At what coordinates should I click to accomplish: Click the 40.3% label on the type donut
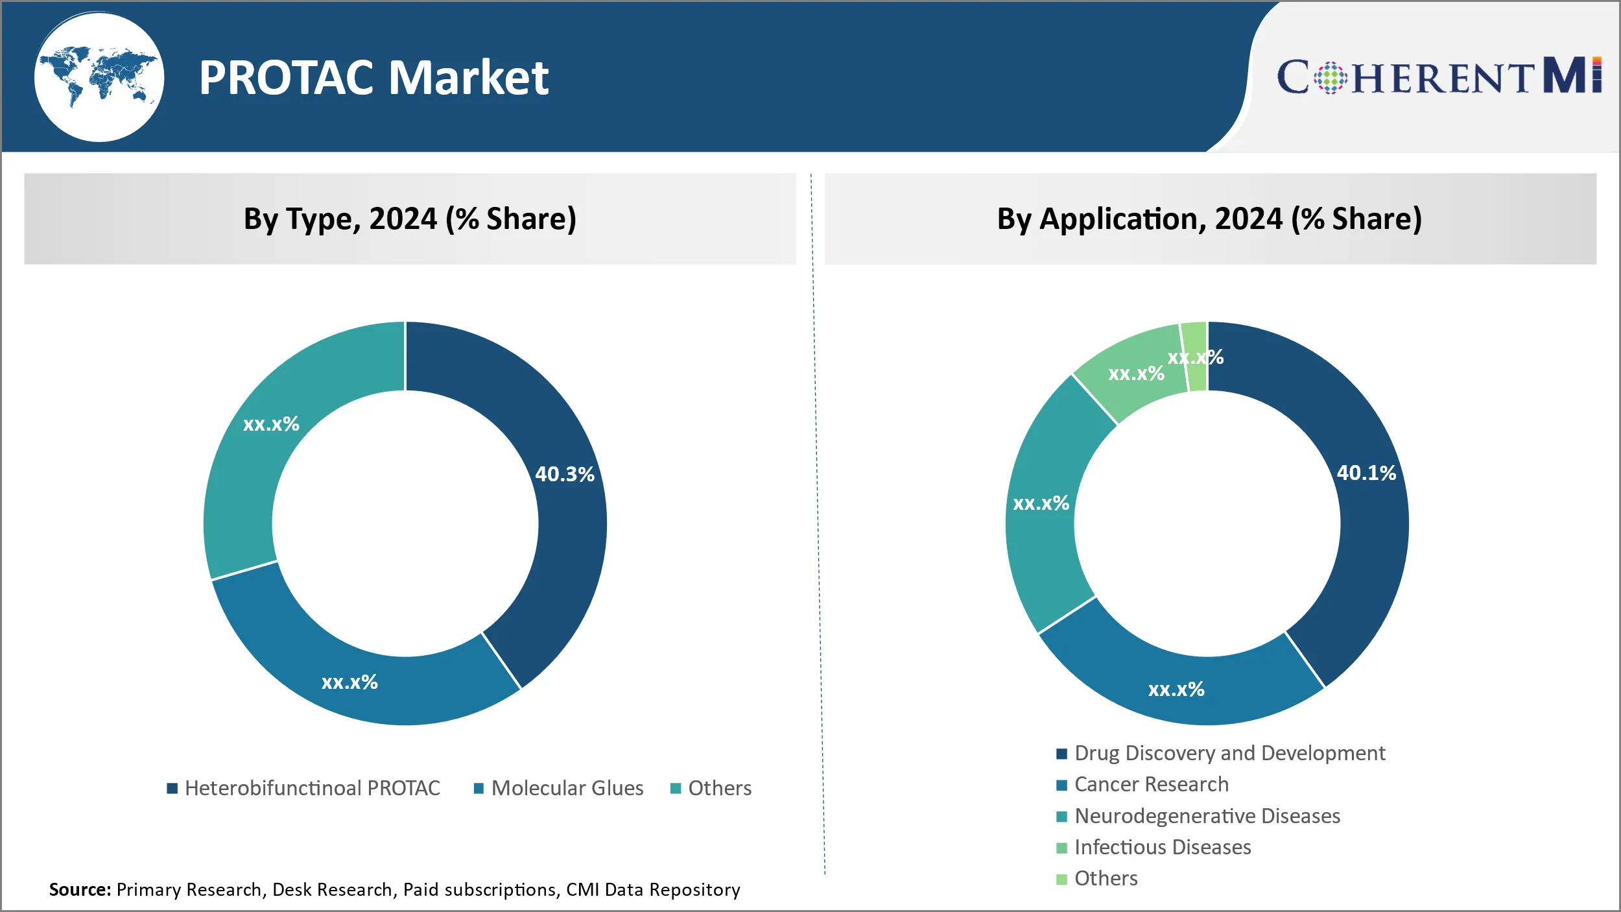[x=564, y=474]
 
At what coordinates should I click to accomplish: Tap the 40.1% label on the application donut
[x=1366, y=473]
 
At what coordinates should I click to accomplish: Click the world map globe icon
[x=99, y=77]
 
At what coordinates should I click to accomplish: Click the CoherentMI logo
[x=1439, y=77]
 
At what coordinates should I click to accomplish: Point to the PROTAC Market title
[x=373, y=78]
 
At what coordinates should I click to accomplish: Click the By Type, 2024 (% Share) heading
[x=410, y=219]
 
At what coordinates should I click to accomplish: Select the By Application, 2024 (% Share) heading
[x=1209, y=219]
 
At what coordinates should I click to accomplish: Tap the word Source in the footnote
[x=80, y=889]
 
